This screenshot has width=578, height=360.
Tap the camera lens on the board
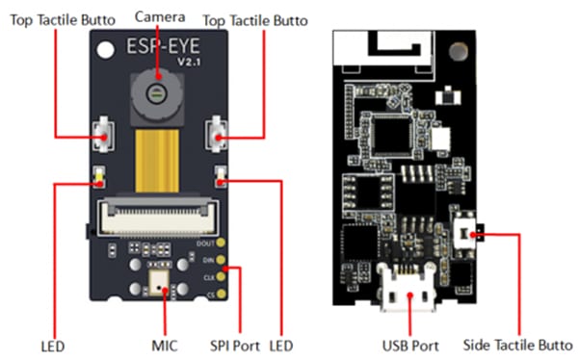(155, 92)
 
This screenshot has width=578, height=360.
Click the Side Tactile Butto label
(518, 344)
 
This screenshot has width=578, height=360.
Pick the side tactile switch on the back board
(468, 231)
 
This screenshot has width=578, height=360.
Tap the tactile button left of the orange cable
(100, 136)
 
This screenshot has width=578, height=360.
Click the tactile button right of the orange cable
(221, 136)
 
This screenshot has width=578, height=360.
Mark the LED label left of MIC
(55, 344)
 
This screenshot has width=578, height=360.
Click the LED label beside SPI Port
(281, 344)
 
